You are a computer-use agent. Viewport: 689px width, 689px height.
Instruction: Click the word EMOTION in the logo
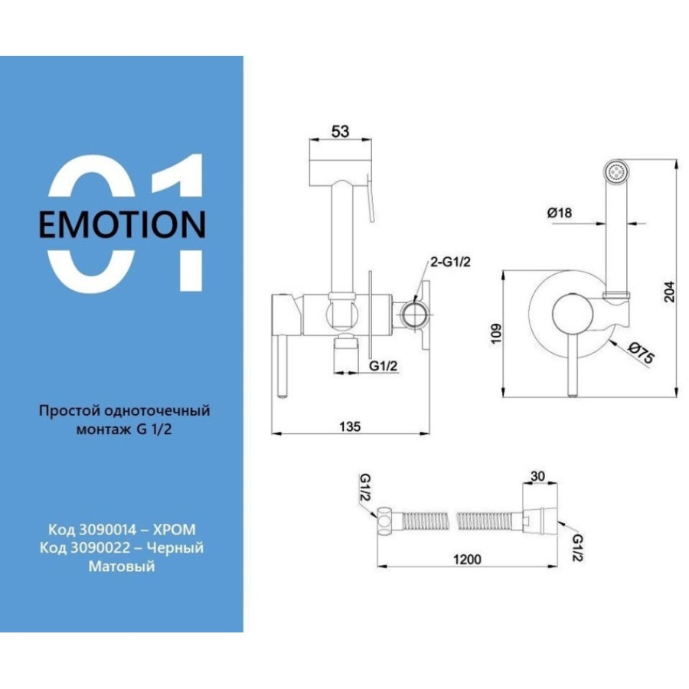(122, 224)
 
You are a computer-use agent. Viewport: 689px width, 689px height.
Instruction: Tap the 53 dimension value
(340, 131)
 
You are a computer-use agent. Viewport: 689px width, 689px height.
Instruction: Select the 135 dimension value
(350, 426)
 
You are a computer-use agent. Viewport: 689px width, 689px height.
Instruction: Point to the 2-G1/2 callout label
(450, 262)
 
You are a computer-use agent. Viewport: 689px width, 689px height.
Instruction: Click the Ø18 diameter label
(560, 213)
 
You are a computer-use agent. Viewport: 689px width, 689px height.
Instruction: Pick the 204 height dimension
(669, 291)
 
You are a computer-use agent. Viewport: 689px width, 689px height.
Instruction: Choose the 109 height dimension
(495, 334)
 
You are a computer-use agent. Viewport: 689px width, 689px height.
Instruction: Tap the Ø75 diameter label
(641, 352)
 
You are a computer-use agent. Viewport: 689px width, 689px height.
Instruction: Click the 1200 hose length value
(467, 559)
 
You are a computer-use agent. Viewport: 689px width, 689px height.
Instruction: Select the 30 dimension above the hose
(538, 476)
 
